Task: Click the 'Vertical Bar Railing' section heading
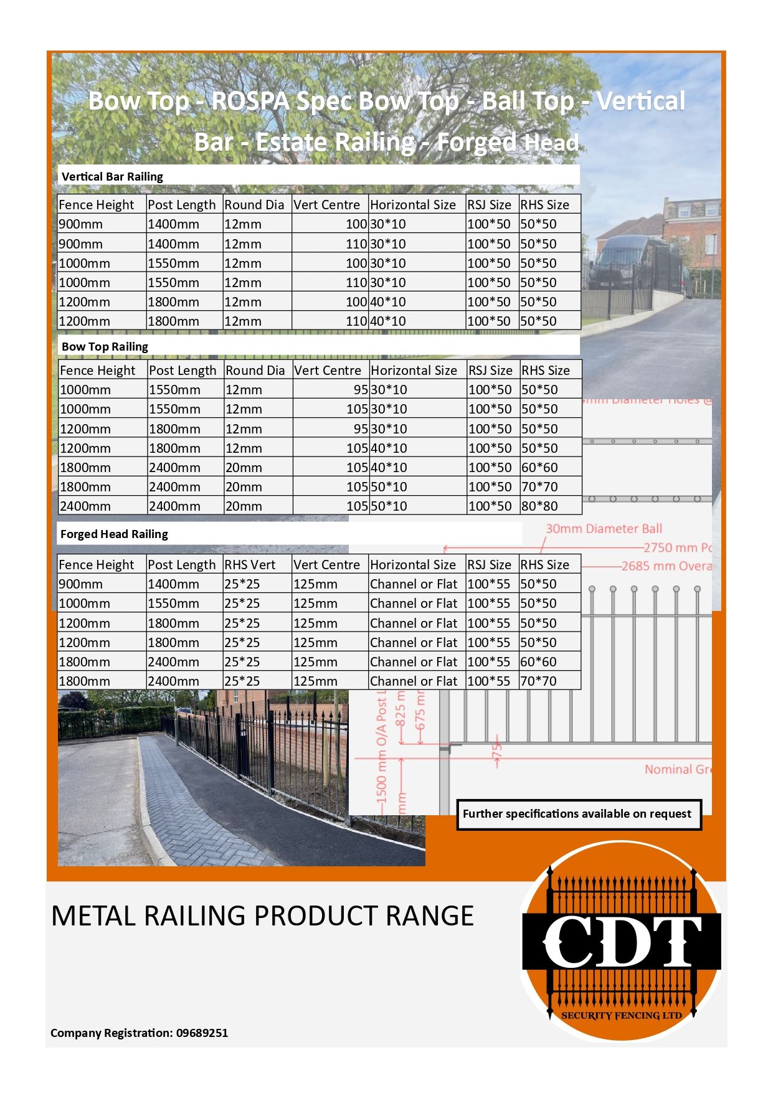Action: (x=112, y=176)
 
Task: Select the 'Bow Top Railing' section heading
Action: (x=105, y=346)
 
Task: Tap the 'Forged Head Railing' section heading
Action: (x=114, y=534)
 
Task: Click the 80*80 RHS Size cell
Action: (x=539, y=506)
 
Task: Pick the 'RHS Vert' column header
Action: (x=250, y=564)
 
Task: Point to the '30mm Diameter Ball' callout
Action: (x=604, y=529)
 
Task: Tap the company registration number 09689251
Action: (x=202, y=1033)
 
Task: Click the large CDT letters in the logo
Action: (x=622, y=941)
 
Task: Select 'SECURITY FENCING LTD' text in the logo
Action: (x=622, y=1015)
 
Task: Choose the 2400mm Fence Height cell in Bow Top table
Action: (x=85, y=506)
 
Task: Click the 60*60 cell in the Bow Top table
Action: (x=539, y=467)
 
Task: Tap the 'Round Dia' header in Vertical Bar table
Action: (x=254, y=205)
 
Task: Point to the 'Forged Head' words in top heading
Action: (x=508, y=143)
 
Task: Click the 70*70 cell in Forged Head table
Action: (x=538, y=681)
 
